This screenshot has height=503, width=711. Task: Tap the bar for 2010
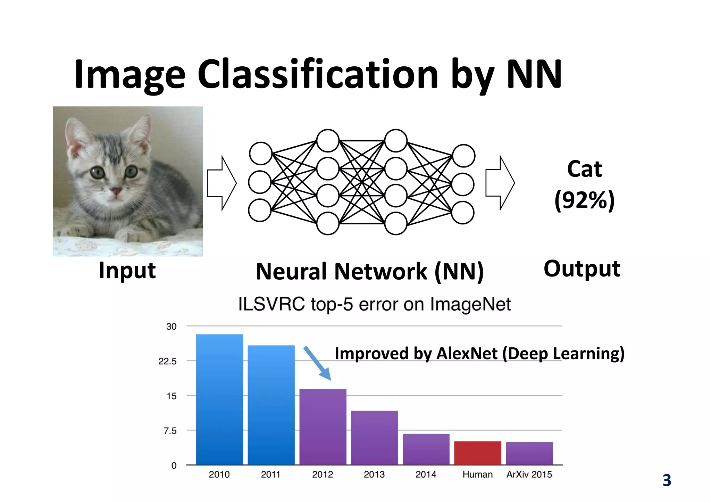(219, 399)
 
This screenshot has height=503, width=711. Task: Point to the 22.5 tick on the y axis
(167, 361)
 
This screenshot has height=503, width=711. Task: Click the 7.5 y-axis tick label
(170, 431)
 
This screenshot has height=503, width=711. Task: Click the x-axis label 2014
(426, 474)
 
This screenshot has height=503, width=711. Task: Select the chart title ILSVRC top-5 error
(374, 304)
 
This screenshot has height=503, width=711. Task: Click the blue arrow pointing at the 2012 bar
(317, 363)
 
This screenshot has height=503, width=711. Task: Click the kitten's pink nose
(116, 191)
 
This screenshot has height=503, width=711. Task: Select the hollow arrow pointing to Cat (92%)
(500, 183)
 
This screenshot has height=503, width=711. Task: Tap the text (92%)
(584, 200)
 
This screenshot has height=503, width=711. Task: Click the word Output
(582, 269)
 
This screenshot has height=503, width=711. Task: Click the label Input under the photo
(127, 270)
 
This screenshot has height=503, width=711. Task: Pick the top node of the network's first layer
(260, 153)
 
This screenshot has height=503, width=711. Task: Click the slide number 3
(667, 480)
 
